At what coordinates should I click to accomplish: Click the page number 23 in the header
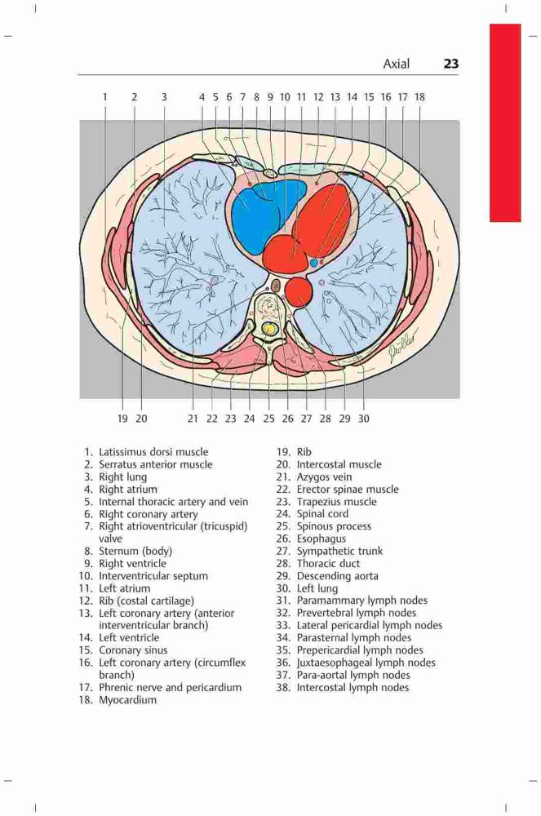[x=451, y=64]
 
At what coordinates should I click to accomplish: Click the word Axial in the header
[x=397, y=64]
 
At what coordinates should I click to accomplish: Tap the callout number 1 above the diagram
[x=105, y=97]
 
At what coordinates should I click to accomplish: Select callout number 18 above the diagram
[x=419, y=97]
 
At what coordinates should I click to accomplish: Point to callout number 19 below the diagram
[x=122, y=419]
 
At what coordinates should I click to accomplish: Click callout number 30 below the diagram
[x=364, y=419]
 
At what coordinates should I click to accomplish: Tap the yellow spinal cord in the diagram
[x=269, y=329]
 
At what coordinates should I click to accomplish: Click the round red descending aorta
[x=298, y=291]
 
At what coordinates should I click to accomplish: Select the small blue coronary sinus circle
[x=313, y=263]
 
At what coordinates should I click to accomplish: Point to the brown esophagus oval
[x=277, y=286]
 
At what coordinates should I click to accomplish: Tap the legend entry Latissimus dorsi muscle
[x=153, y=452]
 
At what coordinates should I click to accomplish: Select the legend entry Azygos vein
[x=324, y=477]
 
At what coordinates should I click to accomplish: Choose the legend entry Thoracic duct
[x=328, y=564]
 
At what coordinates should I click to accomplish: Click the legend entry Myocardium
[x=127, y=700]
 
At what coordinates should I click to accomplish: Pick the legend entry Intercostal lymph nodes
[x=353, y=688]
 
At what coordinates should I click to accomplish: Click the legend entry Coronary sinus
[x=133, y=650]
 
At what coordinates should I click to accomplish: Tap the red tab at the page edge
[x=504, y=123]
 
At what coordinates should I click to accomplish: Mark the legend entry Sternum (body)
[x=135, y=551]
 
